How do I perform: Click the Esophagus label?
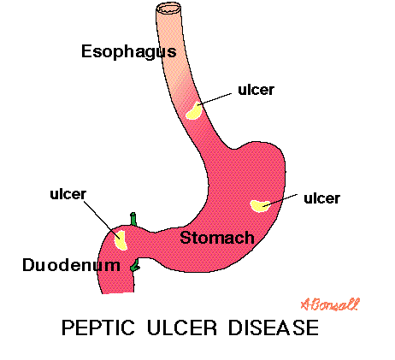click(129, 52)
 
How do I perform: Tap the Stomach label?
click(217, 238)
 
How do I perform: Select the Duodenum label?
click(71, 265)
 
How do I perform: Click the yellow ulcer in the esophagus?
click(194, 111)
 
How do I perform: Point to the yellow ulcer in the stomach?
click(260, 206)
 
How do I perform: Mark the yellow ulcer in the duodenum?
click(121, 240)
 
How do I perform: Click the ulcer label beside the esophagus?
click(256, 90)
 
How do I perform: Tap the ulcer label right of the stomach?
click(321, 198)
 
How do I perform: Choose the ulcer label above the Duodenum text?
click(68, 194)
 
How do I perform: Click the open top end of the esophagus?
click(168, 9)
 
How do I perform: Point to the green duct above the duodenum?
click(133, 219)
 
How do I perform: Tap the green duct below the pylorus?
click(135, 265)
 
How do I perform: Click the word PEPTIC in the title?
click(98, 328)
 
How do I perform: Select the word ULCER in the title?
click(182, 328)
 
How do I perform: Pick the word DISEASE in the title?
click(274, 328)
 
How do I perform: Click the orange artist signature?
click(330, 304)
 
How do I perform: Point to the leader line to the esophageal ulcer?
click(215, 99)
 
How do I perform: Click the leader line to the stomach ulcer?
click(280, 200)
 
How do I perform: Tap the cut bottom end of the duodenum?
click(118, 292)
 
